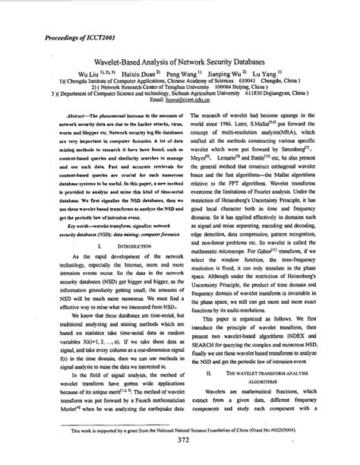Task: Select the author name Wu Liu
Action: (x=89, y=77)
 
